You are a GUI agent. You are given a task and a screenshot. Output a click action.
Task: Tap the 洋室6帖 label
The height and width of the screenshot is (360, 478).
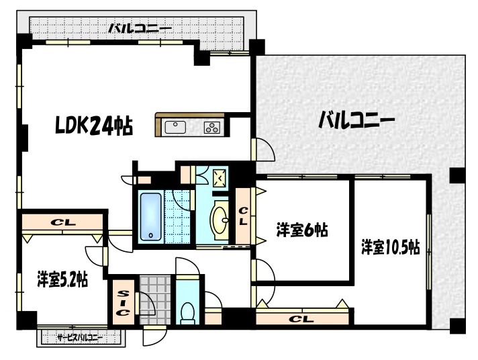301,230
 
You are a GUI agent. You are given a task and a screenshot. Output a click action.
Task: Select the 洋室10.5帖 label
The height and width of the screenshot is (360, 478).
390,247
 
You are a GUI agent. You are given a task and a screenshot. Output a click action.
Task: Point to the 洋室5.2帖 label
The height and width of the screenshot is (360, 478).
62,278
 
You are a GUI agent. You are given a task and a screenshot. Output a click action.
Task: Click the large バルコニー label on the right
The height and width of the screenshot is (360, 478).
356,121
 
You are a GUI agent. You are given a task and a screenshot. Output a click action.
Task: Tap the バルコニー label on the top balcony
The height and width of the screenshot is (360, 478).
140,28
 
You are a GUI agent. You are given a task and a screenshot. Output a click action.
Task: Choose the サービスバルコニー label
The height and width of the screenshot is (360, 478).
79,337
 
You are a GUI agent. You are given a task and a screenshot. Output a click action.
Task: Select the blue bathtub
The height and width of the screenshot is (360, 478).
151,217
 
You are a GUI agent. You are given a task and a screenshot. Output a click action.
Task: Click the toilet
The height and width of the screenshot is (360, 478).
189,310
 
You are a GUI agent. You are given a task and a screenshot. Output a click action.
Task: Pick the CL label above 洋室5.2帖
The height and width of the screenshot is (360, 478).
63,221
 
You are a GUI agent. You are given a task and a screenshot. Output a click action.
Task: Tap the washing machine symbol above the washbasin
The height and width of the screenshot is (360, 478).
220,178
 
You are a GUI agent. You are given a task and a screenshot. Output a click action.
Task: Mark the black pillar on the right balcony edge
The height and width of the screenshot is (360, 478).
457,176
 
